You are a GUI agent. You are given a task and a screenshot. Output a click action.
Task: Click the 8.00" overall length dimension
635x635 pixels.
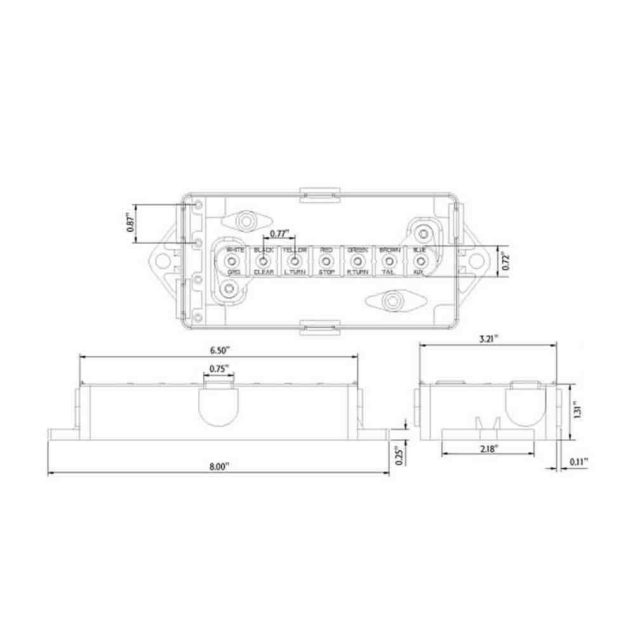(218, 466)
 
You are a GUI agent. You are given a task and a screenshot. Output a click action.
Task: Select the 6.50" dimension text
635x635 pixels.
(218, 349)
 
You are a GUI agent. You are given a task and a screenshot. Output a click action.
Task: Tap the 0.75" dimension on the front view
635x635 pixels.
(219, 368)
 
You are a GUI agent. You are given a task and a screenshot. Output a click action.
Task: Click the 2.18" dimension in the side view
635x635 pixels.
(488, 447)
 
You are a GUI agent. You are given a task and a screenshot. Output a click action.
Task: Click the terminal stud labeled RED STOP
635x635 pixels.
(326, 261)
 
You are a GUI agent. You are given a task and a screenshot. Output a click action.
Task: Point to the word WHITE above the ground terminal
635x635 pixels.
(235, 250)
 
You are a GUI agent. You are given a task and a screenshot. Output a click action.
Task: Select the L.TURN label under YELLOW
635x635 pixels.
(295, 272)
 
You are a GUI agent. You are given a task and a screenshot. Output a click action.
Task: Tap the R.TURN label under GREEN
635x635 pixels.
(358, 272)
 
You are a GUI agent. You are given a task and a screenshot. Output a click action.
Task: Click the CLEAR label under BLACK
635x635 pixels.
(264, 272)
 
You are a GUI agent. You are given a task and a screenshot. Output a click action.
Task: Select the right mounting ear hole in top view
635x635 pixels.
(476, 261)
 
